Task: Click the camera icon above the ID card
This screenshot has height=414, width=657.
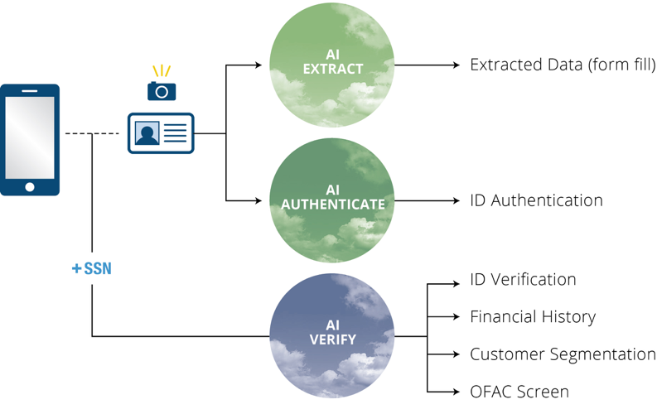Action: (162, 89)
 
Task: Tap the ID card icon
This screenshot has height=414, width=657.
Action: (161, 133)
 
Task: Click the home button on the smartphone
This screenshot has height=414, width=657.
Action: (30, 187)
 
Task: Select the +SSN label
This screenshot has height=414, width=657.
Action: (92, 268)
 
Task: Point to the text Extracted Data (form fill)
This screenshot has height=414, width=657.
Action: (563, 64)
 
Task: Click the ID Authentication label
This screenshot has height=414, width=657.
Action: (536, 200)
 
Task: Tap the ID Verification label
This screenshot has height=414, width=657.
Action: (522, 280)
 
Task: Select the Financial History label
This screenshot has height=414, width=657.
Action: (533, 316)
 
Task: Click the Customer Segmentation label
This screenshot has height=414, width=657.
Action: (563, 354)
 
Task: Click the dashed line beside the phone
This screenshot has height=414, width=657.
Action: (91, 133)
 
